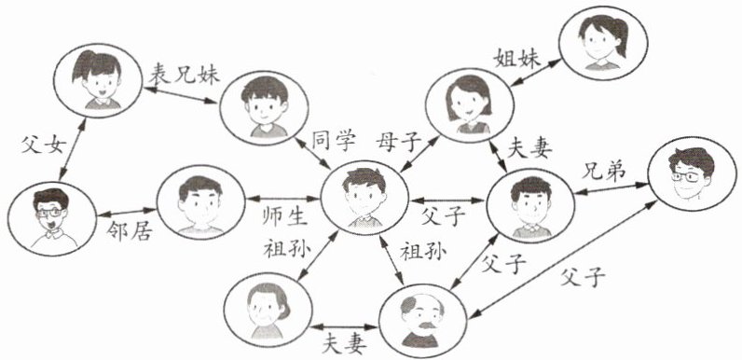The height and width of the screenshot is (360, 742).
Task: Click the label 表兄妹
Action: click(x=185, y=74)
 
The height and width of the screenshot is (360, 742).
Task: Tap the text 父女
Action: click(x=42, y=145)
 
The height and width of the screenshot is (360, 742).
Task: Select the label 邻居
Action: click(x=129, y=232)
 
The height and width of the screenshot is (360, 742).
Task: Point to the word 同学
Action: click(x=333, y=141)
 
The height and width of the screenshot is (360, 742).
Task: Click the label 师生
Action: click(x=285, y=216)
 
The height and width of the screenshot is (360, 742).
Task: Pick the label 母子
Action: click(x=398, y=141)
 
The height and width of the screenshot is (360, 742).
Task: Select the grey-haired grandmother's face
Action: click(x=264, y=311)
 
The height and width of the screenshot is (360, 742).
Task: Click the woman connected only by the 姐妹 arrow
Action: click(x=603, y=43)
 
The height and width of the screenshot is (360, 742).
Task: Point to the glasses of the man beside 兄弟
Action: click(x=688, y=177)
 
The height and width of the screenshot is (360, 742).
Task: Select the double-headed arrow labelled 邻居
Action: click(x=127, y=213)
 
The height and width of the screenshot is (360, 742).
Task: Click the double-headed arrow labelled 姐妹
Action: click(x=536, y=73)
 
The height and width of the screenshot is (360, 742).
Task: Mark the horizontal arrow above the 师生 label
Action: click(x=283, y=198)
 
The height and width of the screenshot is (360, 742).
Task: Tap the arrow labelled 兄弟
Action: click(x=611, y=188)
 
